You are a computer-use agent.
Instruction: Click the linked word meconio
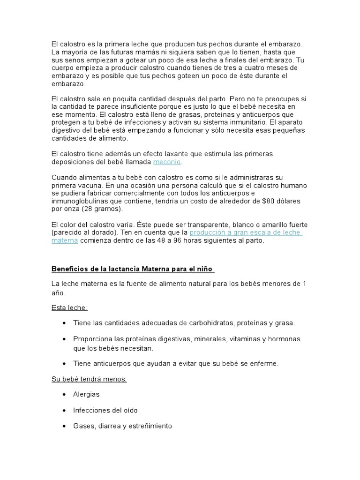(x=167, y=162)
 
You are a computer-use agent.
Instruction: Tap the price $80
(x=270, y=201)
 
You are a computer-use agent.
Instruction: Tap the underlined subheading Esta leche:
(x=69, y=308)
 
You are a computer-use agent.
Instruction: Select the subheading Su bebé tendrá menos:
(x=89, y=379)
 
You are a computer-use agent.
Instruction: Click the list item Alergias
(x=86, y=395)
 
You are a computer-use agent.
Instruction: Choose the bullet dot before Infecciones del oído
(x=63, y=411)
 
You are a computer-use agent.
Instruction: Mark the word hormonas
(x=283, y=339)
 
